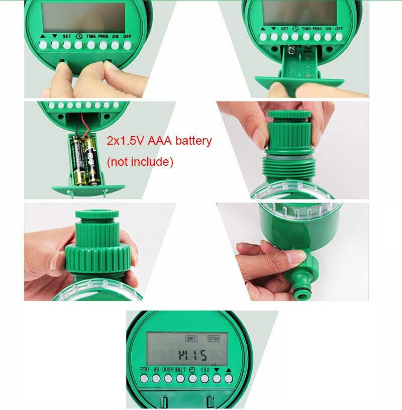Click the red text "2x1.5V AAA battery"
[159, 141]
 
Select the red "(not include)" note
[140, 162]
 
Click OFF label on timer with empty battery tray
[339, 29]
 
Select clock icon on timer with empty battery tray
[295, 29]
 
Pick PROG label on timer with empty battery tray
[317, 29]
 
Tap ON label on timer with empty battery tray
[328, 29]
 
